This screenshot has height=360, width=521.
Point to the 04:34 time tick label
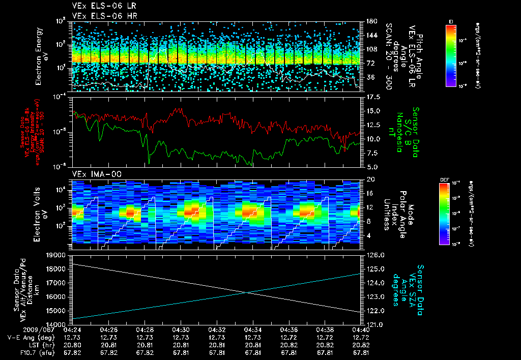[x=253, y=329]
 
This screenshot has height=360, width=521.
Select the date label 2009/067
[x=21, y=329]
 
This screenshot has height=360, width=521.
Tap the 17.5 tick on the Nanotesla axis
[x=371, y=97]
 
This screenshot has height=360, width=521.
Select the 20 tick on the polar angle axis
[x=369, y=179]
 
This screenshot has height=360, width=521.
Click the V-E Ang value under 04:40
[x=361, y=337]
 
